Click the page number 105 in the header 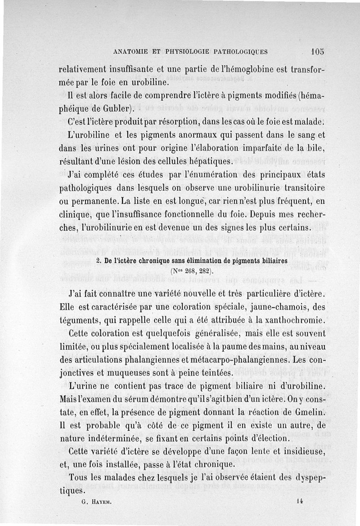(317, 51)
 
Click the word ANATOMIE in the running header (132, 52)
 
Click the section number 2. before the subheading (99, 261)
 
